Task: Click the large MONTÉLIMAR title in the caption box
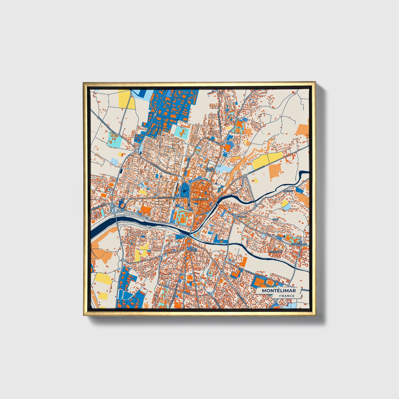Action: (x=279, y=290)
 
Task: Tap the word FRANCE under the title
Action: (x=286, y=296)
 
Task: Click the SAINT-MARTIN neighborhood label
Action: (x=210, y=169)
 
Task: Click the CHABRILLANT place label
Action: (x=299, y=244)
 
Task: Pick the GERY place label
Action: (x=275, y=219)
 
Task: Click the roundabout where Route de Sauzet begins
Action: (x=245, y=176)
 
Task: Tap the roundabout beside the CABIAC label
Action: (x=235, y=217)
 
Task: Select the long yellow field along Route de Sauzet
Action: (x=267, y=159)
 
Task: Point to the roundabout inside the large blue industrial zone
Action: (x=155, y=114)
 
